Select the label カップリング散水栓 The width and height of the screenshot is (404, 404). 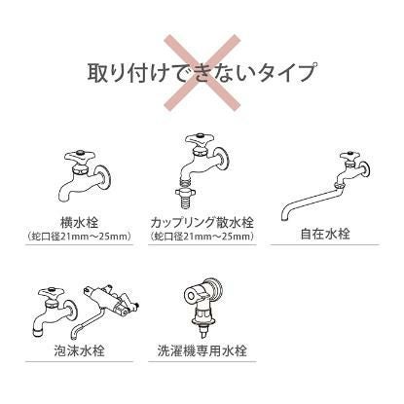pos(202,221)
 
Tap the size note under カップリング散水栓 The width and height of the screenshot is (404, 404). pos(202,236)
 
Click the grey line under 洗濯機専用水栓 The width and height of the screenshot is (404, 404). pos(202,361)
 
